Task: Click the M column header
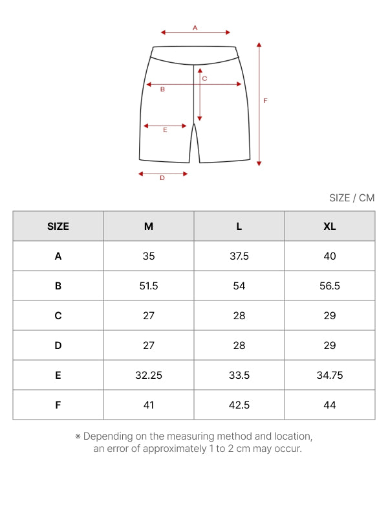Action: coord(149,227)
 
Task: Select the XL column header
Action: coord(330,227)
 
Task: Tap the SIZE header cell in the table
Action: coord(58,227)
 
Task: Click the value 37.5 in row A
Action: coord(239,256)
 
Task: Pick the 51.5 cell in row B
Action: coord(149,286)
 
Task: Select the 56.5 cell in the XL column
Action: coord(330,286)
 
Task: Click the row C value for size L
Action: coord(239,316)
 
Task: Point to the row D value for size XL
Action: coord(330,346)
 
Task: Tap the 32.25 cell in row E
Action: coord(149,376)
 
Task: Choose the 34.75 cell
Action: coord(330,376)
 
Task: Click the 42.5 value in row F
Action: coord(239,405)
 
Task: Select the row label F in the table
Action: coord(58,405)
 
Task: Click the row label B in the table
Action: coord(58,286)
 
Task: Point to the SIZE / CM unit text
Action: coord(352,198)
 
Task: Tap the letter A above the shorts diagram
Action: coord(195,28)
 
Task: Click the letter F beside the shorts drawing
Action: coord(265,101)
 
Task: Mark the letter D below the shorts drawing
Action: coord(162,178)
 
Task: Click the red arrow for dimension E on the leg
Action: coord(165,126)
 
